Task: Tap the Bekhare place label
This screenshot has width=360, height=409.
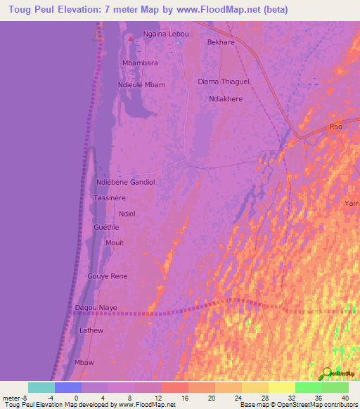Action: point(221,42)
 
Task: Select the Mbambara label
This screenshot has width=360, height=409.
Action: point(140,63)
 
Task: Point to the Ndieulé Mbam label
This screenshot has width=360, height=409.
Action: point(141,84)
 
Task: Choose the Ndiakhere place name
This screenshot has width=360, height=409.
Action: point(226,99)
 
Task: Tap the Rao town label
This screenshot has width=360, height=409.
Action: point(336,126)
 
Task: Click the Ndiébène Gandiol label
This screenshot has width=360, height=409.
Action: point(125,182)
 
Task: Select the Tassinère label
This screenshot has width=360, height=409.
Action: point(110,198)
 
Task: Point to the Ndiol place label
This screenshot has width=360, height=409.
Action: point(127,214)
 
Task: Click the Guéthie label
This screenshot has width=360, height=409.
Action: point(106,228)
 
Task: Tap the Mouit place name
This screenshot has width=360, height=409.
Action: point(114,243)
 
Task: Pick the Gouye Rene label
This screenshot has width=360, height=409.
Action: point(108,276)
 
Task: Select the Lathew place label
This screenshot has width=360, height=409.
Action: point(91,330)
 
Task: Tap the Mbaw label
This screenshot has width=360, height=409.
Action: point(84,361)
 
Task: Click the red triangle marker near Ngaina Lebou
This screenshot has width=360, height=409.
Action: point(131,38)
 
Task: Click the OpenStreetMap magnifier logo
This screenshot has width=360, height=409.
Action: point(326,373)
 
